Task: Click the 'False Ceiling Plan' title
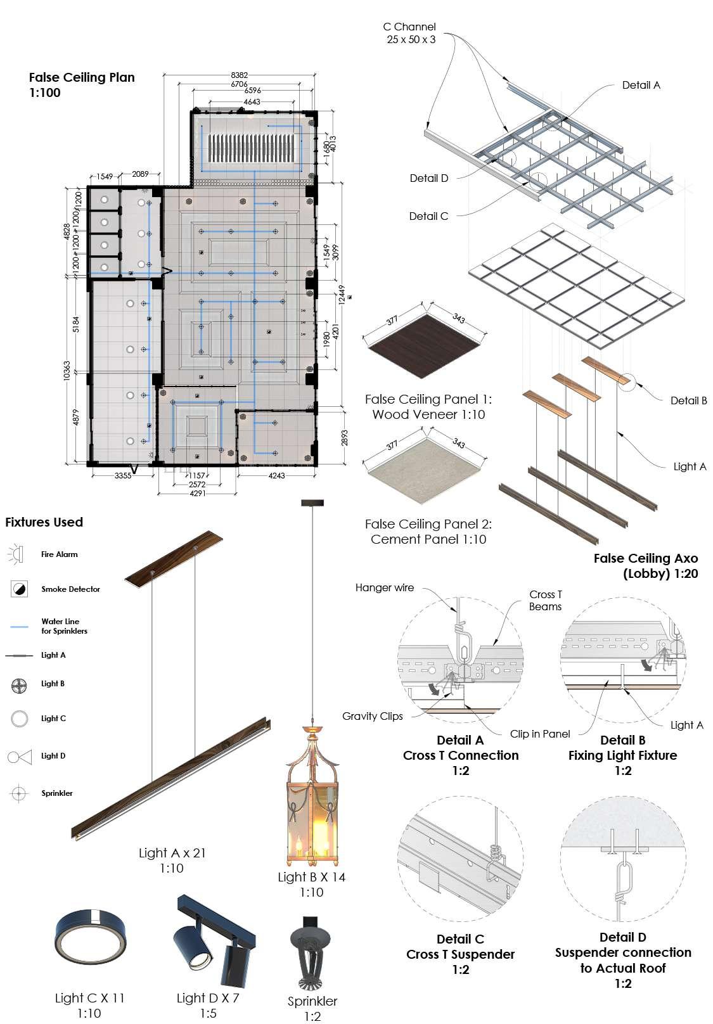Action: (x=82, y=77)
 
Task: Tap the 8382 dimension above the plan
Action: (x=239, y=75)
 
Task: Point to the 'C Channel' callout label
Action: (x=409, y=27)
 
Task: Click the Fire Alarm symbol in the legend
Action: (x=16, y=554)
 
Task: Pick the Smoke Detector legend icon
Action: (x=20, y=589)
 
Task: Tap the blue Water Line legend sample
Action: (x=20, y=626)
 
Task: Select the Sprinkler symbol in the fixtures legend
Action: (x=19, y=793)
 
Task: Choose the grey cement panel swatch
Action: (x=423, y=468)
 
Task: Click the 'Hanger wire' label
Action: (x=384, y=588)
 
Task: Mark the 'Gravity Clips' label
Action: (x=372, y=716)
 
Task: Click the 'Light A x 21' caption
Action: (x=172, y=853)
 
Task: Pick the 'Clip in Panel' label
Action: (x=540, y=734)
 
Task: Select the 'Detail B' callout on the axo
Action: (x=688, y=400)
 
